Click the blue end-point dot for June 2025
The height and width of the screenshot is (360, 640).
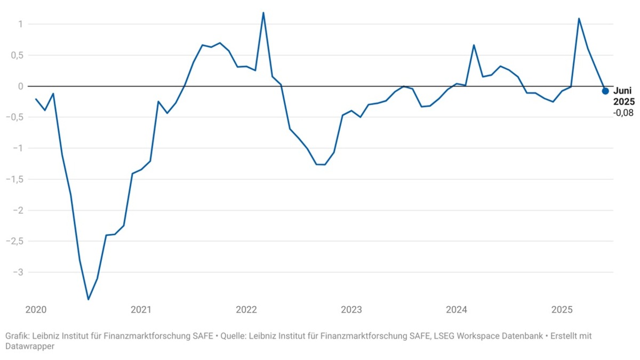605,91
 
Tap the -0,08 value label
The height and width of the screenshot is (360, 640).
623,113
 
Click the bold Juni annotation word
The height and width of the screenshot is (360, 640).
622,91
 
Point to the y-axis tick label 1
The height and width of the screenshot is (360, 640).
19,24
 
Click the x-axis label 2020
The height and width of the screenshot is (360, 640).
36,310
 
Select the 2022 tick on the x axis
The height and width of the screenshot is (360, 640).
246,310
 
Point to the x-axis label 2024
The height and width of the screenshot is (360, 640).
457,310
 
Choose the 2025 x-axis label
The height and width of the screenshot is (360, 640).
562,310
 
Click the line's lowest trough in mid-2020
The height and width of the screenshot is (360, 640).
89,299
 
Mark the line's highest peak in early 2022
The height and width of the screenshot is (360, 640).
263,13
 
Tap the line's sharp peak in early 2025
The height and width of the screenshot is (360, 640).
579,19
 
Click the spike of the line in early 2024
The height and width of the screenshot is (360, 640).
474,45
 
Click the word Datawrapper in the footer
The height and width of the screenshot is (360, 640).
30,346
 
